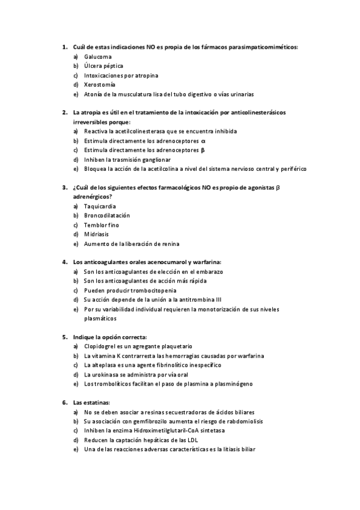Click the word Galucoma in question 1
(97, 57)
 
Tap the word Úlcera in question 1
(94, 66)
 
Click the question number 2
(64, 112)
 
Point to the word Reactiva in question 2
(96, 131)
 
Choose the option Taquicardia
(100, 206)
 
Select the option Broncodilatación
(107, 215)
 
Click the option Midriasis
(96, 235)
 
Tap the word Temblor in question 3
(96, 225)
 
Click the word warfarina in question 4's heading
(204, 262)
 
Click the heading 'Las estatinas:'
(91, 402)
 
